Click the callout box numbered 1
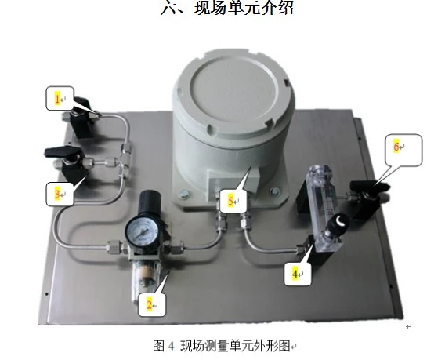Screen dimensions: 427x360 pos(60,98)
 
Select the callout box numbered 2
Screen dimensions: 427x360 pos(152,304)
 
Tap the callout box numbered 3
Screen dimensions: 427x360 pos(60,194)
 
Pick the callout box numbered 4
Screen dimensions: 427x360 pos(298,274)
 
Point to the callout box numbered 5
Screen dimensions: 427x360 pos(233,201)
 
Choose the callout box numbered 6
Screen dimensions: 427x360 pos(403,150)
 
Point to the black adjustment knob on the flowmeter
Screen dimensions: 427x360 pos(338,221)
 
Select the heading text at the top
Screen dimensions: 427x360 pos(226,8)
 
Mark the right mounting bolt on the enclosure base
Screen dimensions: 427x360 pos(275,190)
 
